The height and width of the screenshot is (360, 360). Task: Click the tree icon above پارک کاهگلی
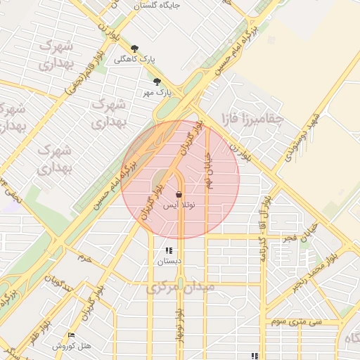[134, 49]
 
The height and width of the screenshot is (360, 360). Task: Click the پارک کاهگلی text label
[136, 60]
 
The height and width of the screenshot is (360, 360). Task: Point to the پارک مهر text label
[158, 92]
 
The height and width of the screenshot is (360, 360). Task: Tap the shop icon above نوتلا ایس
[179, 194]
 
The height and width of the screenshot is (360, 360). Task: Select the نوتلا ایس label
[179, 206]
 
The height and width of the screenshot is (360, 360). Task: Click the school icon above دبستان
[169, 250]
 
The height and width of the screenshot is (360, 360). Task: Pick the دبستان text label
[169, 261]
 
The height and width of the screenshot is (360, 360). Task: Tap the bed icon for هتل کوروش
[71, 335]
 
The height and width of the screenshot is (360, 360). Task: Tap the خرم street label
[85, 259]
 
